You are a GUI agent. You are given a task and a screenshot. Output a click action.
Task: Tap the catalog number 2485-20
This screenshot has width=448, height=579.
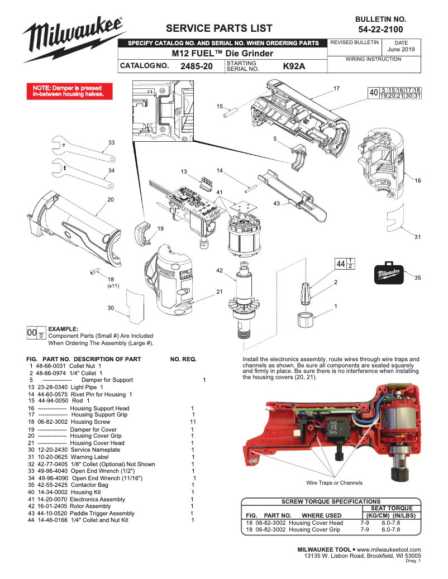(x=197, y=66)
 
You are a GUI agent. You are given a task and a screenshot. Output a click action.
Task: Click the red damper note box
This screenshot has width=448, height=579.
(x=71, y=92)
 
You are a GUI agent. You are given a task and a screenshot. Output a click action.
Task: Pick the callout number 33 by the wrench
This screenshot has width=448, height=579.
(x=111, y=143)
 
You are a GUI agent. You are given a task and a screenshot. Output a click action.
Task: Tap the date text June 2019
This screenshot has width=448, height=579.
(x=401, y=50)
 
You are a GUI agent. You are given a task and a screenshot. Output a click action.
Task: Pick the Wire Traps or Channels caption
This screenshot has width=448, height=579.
(x=334, y=482)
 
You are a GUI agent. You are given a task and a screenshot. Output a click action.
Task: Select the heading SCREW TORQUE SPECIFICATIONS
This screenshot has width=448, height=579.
(x=330, y=501)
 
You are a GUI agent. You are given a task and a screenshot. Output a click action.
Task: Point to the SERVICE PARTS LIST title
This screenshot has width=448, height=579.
(x=220, y=28)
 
